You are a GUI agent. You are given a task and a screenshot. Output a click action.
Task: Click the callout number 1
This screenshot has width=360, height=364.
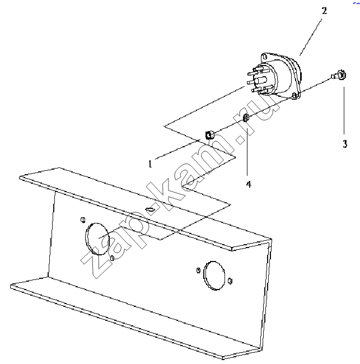[150, 164]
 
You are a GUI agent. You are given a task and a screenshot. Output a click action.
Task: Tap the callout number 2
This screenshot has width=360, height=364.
[324, 11]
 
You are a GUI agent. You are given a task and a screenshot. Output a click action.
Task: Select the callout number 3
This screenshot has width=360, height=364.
[345, 144]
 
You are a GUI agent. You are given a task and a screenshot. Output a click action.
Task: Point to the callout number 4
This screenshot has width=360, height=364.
[249, 184]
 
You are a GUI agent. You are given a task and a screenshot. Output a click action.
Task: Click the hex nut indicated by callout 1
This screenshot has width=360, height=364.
[209, 134]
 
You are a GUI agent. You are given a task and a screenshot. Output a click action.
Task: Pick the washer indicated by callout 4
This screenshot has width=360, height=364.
[246, 118]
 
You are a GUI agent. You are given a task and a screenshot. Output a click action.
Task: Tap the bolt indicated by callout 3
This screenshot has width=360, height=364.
[339, 75]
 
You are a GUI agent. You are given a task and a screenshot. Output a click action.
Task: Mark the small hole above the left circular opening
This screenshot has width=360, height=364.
[83, 220]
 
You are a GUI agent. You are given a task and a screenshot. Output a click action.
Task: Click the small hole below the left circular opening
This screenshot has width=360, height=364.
[113, 258]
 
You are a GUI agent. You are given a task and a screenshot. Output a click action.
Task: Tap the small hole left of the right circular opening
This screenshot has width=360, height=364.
[198, 270]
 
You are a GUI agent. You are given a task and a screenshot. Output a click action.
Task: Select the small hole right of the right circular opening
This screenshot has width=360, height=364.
[230, 281]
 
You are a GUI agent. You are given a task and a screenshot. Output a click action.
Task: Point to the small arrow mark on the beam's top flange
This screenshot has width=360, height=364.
[150, 209]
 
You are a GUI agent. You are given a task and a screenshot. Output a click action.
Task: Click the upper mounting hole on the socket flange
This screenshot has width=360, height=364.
[265, 57]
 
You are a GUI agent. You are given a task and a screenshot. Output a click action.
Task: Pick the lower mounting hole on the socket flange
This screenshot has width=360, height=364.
[294, 95]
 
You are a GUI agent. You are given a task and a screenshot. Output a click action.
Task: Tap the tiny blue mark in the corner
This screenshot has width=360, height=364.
[356, 3]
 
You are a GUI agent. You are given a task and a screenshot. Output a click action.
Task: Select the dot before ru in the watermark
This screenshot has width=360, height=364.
[240, 140]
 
